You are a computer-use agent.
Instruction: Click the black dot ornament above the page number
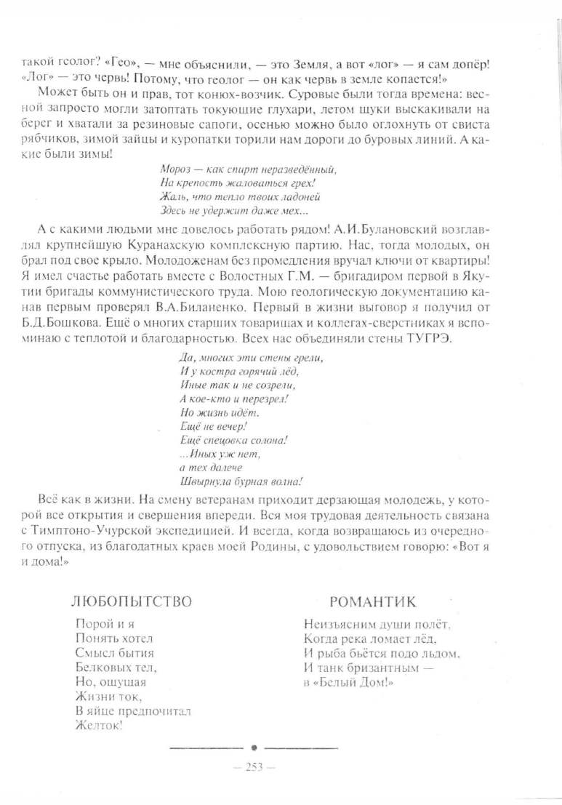coord(254,747)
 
